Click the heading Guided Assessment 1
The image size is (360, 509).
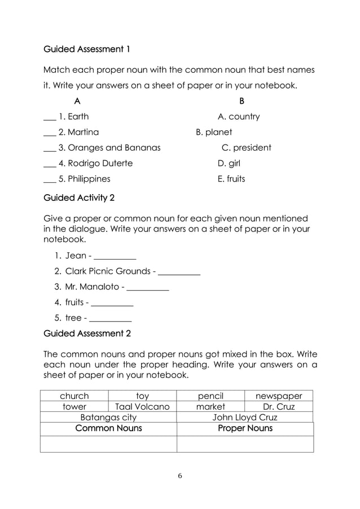pos(87,49)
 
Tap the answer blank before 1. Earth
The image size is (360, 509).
pos(50,117)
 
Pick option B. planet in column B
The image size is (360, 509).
pos(214,133)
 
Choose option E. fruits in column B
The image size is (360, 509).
pos(231,179)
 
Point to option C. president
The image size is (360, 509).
pos(246,148)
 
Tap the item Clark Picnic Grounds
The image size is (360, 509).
pos(108,271)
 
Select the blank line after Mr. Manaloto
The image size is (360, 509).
pos(148,287)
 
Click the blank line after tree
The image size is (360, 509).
pos(111,318)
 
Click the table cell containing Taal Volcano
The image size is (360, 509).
pos(142,406)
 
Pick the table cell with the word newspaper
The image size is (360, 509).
pos(279,396)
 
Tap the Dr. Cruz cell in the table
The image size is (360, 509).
pos(279,406)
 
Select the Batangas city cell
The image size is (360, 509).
pos(108,418)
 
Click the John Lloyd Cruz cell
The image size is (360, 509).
pos(245,418)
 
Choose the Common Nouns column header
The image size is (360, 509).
pos(108,429)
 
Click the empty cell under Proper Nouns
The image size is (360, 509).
pos(245,444)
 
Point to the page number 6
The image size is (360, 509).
pos(179,476)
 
